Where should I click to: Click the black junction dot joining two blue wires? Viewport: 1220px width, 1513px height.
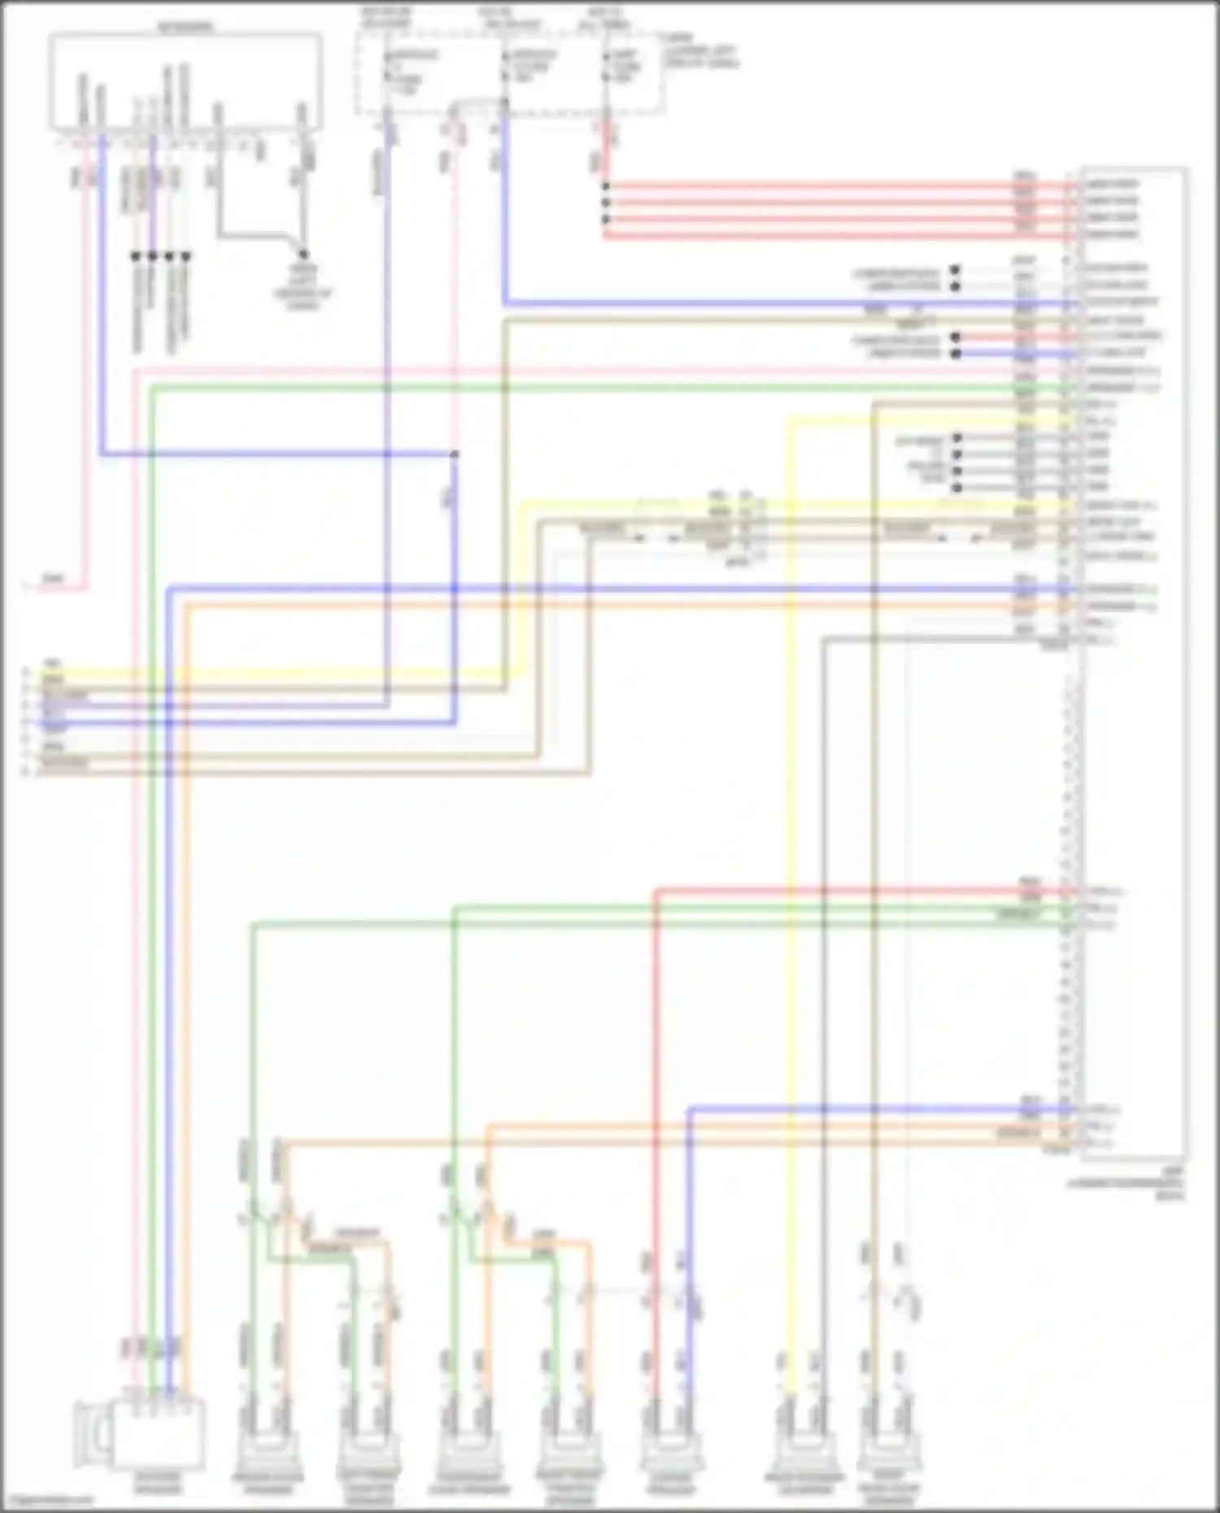click(x=455, y=454)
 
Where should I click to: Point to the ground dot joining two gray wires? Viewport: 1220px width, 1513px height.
click(x=303, y=254)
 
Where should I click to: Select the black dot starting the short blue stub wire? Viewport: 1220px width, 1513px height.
click(x=956, y=354)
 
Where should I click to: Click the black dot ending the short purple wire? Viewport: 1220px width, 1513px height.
click(x=152, y=256)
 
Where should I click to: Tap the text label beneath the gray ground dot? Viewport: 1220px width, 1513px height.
click(x=303, y=289)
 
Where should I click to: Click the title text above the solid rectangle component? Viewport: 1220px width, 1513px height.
click(x=185, y=26)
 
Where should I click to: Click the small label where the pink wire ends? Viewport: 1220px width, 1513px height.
click(x=52, y=579)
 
